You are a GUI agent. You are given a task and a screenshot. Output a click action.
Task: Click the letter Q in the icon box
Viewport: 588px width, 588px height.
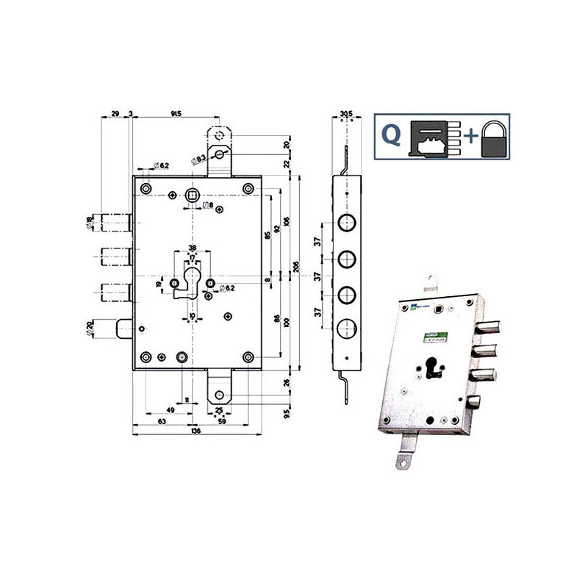click(x=394, y=135)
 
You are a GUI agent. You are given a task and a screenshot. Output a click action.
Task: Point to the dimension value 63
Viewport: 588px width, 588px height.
click(x=160, y=422)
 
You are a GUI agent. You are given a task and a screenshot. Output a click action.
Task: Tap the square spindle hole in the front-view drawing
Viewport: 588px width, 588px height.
click(x=193, y=194)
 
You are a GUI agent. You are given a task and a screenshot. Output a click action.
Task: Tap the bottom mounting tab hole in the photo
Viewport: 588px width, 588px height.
click(x=402, y=461)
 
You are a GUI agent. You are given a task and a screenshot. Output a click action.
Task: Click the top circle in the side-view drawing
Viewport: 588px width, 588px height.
click(x=345, y=223)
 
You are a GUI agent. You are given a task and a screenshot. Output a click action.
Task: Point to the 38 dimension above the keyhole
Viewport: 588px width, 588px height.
click(x=192, y=248)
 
